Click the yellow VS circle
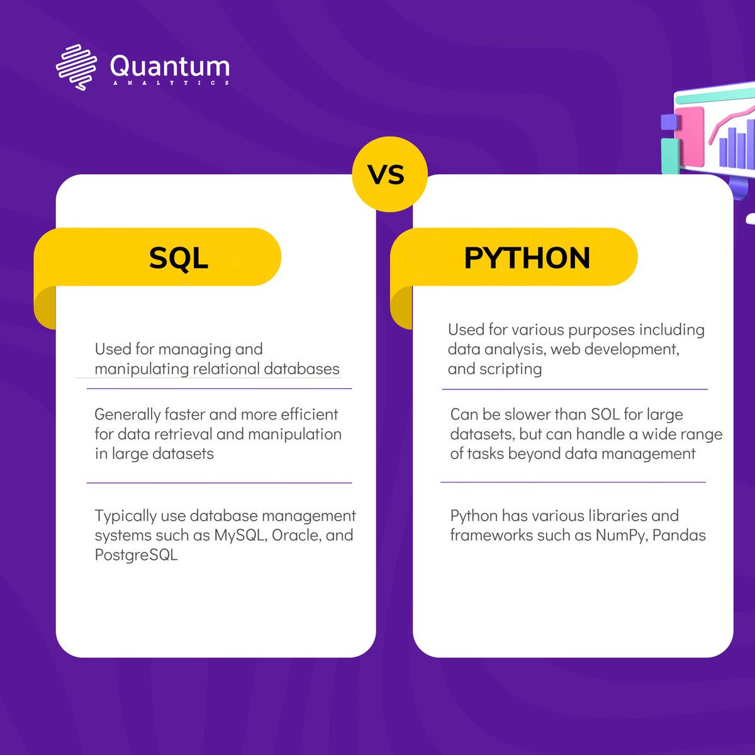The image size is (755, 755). [x=389, y=174]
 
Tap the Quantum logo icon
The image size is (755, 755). [x=76, y=67]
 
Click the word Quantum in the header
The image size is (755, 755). [x=170, y=65]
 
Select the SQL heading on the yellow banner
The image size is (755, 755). [x=179, y=258]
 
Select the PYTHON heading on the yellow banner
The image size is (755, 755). [x=527, y=258]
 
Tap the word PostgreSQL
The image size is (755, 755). [x=136, y=555]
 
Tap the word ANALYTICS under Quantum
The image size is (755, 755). [x=170, y=83]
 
